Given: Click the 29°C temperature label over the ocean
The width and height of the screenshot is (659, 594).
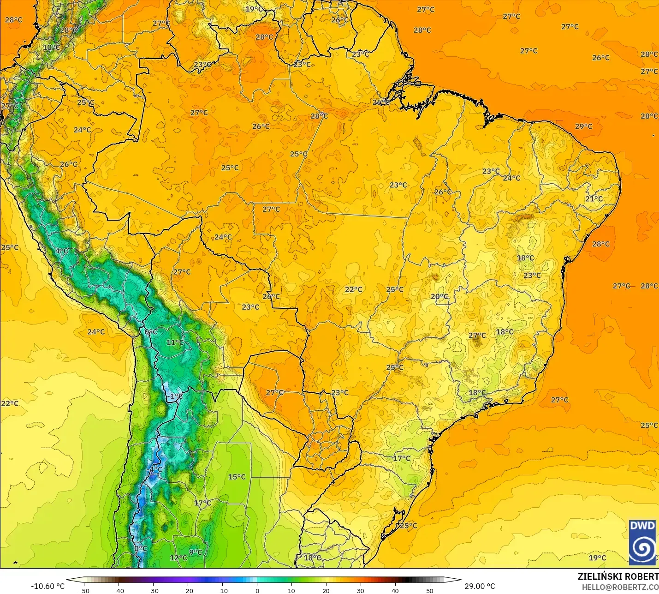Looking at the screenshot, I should click(583, 126).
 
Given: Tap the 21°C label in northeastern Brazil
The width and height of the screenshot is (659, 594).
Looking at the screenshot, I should click(594, 199).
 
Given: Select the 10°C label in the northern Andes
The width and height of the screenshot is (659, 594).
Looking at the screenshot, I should click(52, 48).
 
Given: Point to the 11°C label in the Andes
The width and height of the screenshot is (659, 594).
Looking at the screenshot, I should click(175, 342).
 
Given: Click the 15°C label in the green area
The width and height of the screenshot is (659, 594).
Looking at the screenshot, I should click(237, 477).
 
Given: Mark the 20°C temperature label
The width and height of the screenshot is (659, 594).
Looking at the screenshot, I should click(439, 297).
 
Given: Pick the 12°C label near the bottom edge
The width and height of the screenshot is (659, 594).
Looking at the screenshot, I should click(178, 558).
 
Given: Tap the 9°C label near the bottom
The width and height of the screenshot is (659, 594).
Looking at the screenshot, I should click(196, 552).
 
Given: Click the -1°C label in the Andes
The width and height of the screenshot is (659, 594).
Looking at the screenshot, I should click(175, 396).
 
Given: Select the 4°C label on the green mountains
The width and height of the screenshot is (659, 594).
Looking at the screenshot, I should click(62, 251).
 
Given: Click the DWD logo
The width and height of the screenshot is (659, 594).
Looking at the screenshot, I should click(642, 542).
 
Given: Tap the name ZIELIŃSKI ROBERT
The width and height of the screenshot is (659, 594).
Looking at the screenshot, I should click(618, 576).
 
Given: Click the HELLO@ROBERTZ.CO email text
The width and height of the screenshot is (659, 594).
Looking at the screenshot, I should click(620, 587).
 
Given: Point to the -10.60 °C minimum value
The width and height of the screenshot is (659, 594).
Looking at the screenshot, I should click(48, 586).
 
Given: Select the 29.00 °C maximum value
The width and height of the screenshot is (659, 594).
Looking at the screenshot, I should click(480, 586).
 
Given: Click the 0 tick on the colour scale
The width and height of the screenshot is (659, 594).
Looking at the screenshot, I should click(257, 590).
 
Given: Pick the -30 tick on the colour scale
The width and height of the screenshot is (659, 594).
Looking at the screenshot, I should click(153, 590).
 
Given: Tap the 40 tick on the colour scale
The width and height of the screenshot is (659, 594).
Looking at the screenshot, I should click(395, 590).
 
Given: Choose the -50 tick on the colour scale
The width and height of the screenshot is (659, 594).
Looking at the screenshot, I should click(84, 590).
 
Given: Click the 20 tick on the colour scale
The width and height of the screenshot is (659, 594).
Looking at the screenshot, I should click(326, 590).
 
